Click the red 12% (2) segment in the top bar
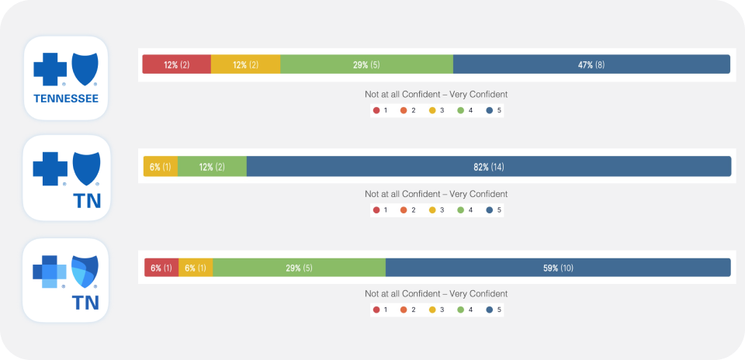pyautogui.click(x=176, y=64)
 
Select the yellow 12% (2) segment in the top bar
pyautogui.click(x=245, y=64)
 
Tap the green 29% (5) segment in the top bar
pyautogui.click(x=366, y=64)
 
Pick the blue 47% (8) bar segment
pyautogui.click(x=591, y=64)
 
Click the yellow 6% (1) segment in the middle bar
pyautogui.click(x=161, y=167)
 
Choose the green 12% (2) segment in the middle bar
pyautogui.click(x=212, y=167)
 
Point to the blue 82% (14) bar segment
pyautogui.click(x=489, y=167)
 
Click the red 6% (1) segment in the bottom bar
pyautogui.click(x=161, y=268)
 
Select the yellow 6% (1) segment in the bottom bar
pyautogui.click(x=196, y=268)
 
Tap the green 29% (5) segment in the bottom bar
pyautogui.click(x=299, y=268)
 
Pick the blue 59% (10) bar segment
pyautogui.click(x=558, y=268)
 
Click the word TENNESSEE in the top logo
pyautogui.click(x=65, y=99)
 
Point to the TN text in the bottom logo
pyautogui.click(x=85, y=302)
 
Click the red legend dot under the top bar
pyautogui.click(x=376, y=110)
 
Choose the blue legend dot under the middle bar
pyautogui.click(x=490, y=209)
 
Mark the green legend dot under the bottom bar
pyautogui.click(x=461, y=310)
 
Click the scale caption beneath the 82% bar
pyautogui.click(x=436, y=194)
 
